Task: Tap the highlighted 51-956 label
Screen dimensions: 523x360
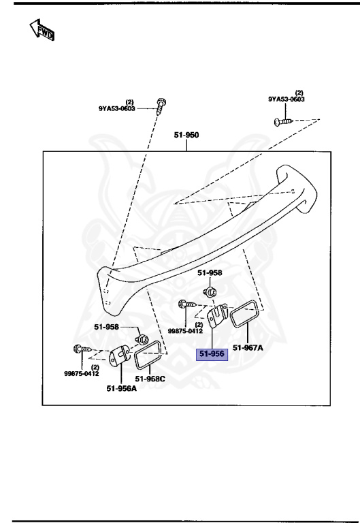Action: [x=211, y=354]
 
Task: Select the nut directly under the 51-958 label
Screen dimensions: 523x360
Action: [x=211, y=293]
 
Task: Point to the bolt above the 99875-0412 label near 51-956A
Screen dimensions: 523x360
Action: [x=80, y=350]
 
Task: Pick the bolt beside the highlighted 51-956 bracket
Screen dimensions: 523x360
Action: [x=186, y=304]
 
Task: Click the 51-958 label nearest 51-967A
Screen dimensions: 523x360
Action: [x=210, y=272]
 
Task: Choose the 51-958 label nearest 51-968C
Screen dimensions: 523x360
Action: [x=108, y=327]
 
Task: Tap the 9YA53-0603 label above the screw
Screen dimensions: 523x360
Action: [x=286, y=99]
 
